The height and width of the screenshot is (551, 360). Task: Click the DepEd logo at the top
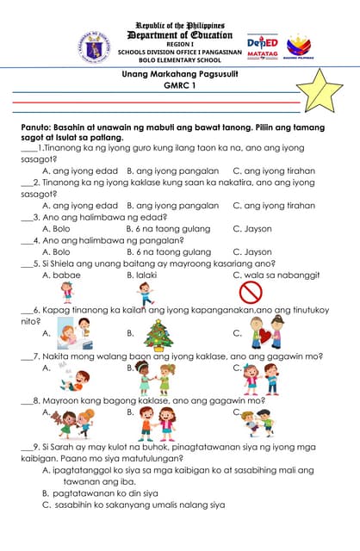(262, 45)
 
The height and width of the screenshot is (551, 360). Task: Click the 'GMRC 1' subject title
(180, 89)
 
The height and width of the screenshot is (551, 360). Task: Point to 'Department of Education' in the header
(180, 34)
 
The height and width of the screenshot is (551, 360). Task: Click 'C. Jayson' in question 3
(251, 229)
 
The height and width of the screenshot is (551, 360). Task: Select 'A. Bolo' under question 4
(57, 252)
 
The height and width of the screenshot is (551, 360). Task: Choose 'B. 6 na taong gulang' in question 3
(168, 229)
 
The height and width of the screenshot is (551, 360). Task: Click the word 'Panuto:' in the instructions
(40, 127)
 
